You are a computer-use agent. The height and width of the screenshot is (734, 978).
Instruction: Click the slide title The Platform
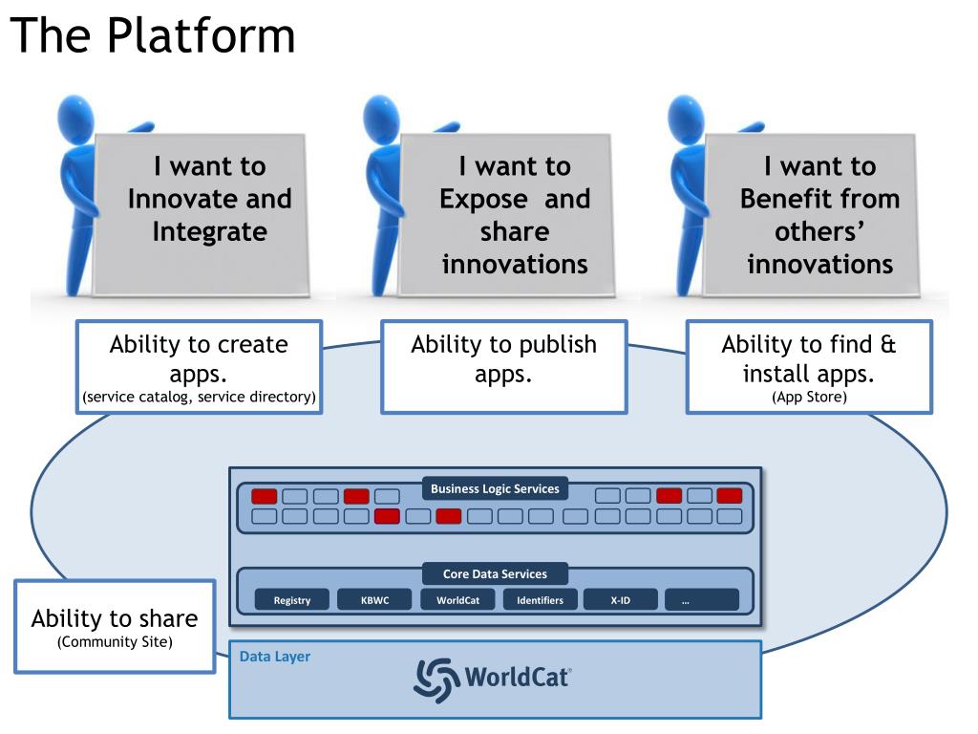(153, 36)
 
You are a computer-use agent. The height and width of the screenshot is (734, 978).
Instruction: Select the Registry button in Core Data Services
(292, 600)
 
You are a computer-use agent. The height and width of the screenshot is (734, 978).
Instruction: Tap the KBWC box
(374, 600)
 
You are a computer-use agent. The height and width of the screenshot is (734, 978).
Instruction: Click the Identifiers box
(540, 600)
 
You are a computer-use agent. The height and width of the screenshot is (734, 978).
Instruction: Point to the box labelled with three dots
(701, 600)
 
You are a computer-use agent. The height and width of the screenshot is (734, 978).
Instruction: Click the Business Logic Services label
(495, 489)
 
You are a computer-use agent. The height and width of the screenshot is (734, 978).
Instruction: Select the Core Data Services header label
(495, 574)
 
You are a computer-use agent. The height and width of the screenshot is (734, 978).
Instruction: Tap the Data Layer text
(275, 657)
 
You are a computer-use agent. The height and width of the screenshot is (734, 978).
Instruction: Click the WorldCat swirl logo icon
(436, 679)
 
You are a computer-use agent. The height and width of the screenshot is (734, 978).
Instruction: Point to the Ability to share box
(115, 626)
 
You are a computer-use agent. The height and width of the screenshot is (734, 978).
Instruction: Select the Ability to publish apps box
(503, 366)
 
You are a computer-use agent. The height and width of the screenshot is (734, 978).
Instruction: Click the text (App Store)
(809, 397)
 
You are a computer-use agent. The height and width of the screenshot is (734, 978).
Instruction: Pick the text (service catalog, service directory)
(199, 397)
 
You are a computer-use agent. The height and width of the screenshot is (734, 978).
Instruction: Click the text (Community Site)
(115, 642)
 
